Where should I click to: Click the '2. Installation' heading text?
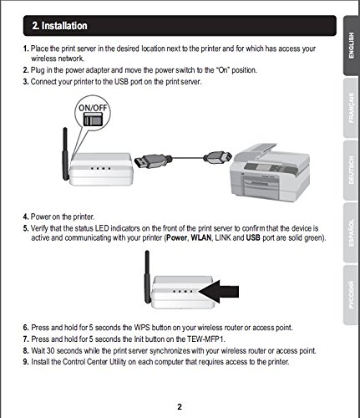(59, 26)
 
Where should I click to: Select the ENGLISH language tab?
(351, 46)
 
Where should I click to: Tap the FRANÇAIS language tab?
(351, 108)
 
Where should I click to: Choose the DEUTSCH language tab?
(351, 170)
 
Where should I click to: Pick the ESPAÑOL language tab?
(351, 232)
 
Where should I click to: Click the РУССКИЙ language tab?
(351, 295)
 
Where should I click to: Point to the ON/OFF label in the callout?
(93, 108)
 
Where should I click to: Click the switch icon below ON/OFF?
(93, 120)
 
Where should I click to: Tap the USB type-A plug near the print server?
(153, 161)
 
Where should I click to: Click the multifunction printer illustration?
(270, 173)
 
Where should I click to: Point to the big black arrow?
(219, 292)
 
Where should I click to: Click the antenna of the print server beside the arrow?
(147, 277)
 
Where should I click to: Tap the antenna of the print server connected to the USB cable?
(65, 154)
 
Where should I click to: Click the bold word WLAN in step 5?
(201, 238)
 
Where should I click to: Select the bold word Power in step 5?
(177, 238)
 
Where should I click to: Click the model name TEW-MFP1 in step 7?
(205, 339)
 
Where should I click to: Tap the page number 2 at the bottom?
(180, 407)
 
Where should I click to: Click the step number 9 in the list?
(26, 362)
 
